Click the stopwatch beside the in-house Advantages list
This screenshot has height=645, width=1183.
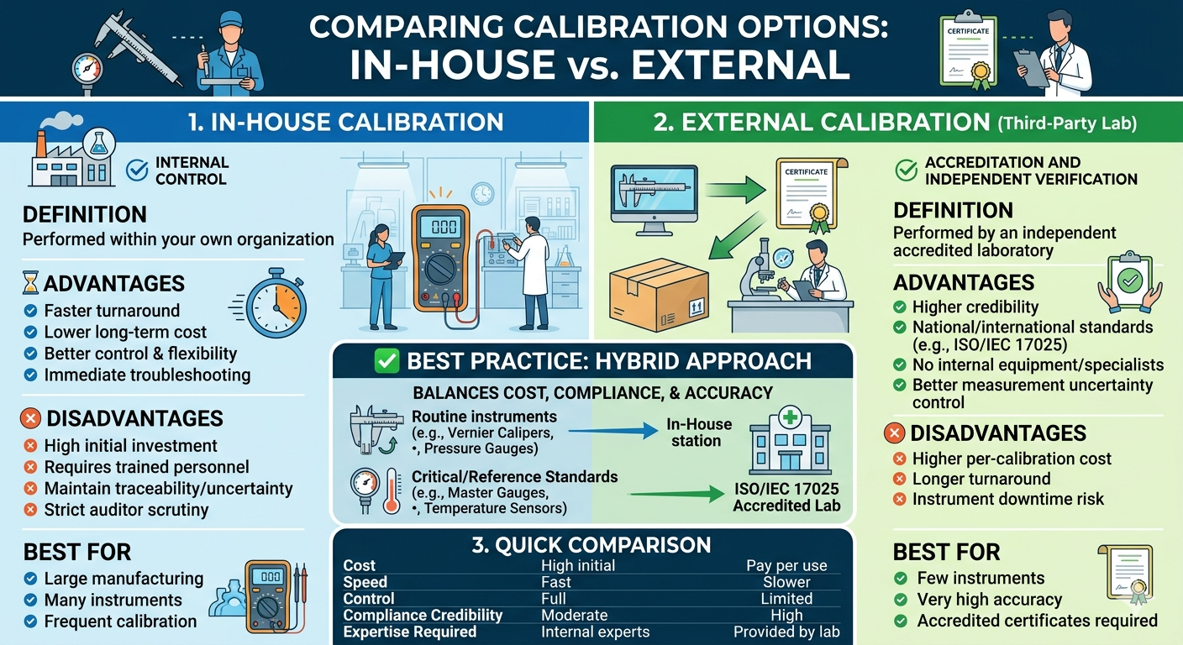click(x=275, y=304)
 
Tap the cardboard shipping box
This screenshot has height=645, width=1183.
click(x=659, y=295)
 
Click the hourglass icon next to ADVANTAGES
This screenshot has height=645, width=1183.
click(x=31, y=283)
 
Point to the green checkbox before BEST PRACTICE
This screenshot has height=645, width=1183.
click(x=386, y=361)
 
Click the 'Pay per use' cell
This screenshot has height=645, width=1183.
click(x=786, y=565)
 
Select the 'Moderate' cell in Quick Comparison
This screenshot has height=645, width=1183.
click(x=574, y=615)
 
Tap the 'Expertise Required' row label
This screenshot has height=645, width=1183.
click(x=409, y=632)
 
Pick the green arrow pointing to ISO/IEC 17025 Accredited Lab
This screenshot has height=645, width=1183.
click(x=676, y=494)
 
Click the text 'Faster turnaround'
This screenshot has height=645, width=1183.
click(x=112, y=311)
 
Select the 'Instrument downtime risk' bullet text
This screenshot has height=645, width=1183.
click(x=1007, y=499)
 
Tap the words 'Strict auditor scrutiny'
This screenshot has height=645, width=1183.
click(x=126, y=509)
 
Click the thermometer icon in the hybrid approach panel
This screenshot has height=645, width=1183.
click(x=392, y=490)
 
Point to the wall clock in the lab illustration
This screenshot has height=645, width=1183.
click(x=483, y=193)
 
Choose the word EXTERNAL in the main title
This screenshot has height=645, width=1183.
click(x=740, y=65)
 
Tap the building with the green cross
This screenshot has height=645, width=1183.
click(x=790, y=440)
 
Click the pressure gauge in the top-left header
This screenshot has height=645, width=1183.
click(x=87, y=71)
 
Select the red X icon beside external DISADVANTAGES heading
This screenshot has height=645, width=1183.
click(x=894, y=433)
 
